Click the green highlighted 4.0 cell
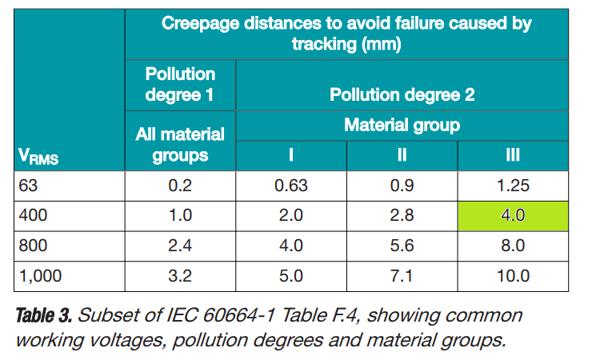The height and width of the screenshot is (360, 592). pos(513,216)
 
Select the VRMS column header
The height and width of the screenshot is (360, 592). pos(38,156)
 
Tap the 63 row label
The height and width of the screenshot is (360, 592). pos(28,186)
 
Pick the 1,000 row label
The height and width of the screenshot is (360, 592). pos(40,276)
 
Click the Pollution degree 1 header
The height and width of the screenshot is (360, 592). pos(180,85)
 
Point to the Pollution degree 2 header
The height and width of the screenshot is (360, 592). pos(402,94)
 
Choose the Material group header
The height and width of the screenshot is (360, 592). pos(402,125)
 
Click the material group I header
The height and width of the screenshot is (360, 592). pos(290,155)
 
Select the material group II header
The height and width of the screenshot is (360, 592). pos(402,155)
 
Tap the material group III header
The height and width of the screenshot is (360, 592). pos(513,155)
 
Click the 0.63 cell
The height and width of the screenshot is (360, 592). pos(290,186)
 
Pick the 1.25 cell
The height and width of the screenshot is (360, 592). pos(513,186)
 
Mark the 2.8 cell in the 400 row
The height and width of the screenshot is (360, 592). pos(402,215)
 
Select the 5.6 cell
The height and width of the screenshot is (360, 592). pos(402,246)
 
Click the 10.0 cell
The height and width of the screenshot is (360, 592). pos(513,276)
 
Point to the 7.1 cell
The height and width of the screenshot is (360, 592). pos(402,276)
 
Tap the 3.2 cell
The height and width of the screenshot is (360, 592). pos(180,276)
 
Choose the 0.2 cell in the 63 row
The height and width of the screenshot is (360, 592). pos(180,186)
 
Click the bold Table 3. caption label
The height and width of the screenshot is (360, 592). pos(43,315)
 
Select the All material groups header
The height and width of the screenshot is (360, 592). pos(180,145)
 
